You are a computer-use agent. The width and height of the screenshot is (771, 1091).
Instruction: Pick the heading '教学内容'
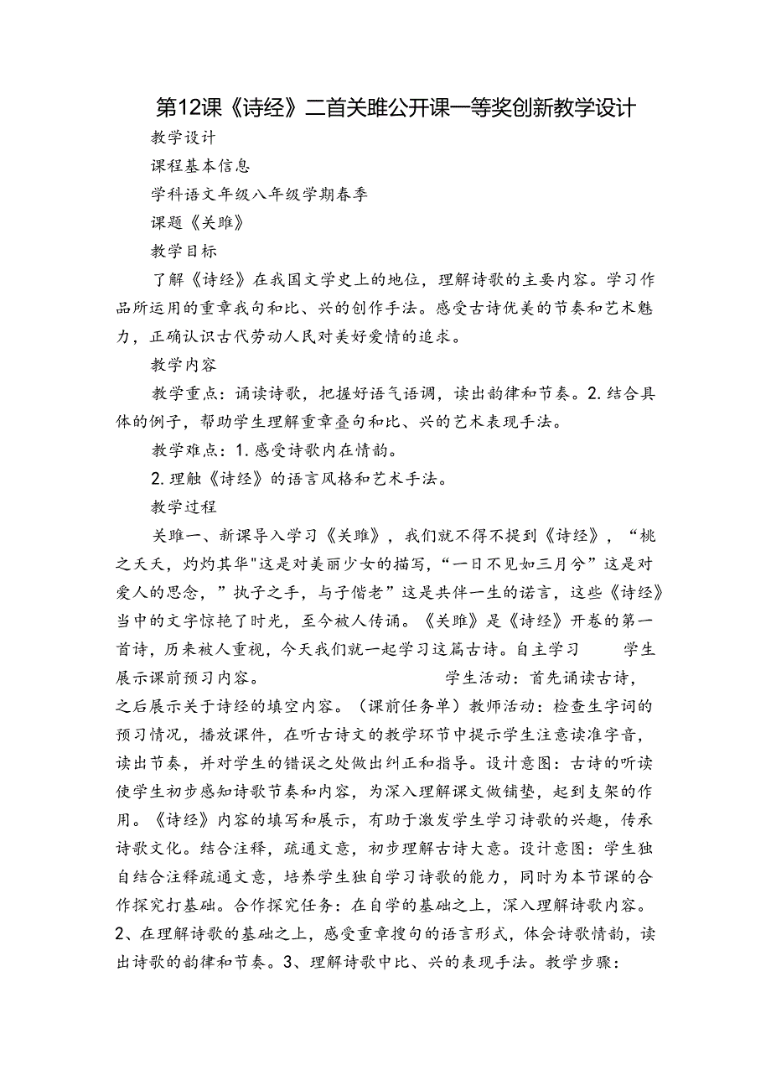184,365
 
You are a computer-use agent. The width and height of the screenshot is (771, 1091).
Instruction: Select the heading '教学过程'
184,507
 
